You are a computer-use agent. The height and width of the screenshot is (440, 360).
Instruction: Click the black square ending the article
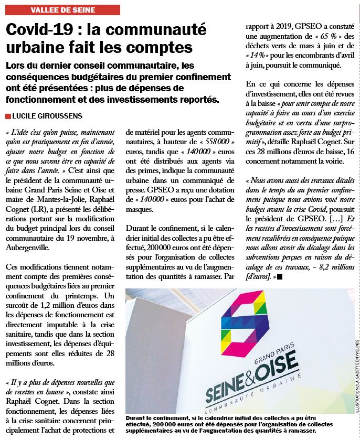pyautogui.click(x=280, y=276)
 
